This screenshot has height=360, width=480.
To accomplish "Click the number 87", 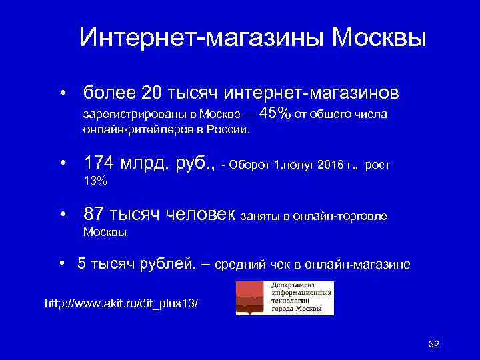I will [x=94, y=214].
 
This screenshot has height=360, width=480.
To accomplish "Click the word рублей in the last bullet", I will [x=167, y=265].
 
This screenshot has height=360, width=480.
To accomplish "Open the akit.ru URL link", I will [x=121, y=303].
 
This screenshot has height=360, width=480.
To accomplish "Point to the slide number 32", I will [x=434, y=343].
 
